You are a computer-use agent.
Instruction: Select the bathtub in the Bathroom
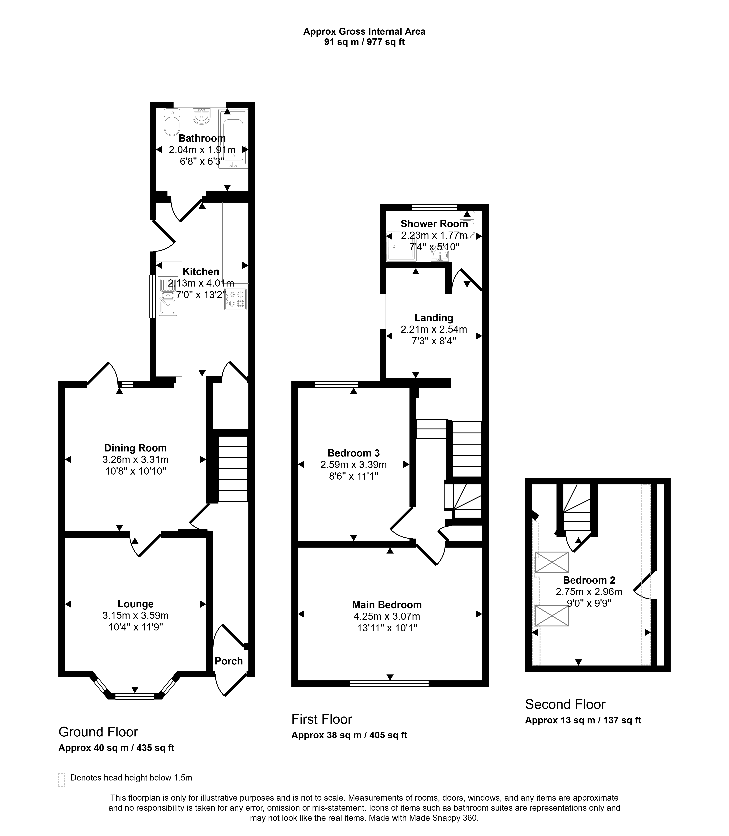pyautogui.click(x=233, y=139)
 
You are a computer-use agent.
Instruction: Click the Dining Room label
pyautogui.click(x=135, y=448)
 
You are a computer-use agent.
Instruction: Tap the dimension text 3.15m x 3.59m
pyautogui.click(x=135, y=615)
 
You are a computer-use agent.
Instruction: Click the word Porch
pyautogui.click(x=229, y=661)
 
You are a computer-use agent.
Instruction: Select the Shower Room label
pyautogui.click(x=434, y=224)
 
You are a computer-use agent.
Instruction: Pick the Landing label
pyautogui.click(x=434, y=318)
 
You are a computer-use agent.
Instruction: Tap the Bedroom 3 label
pyautogui.click(x=353, y=453)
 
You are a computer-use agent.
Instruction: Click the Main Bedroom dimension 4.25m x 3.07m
pyautogui.click(x=387, y=616)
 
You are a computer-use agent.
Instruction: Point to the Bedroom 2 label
pyautogui.click(x=589, y=580)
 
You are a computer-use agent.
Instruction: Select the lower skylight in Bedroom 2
pyautogui.click(x=552, y=616)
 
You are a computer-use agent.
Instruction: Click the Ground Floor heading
pyautogui.click(x=98, y=732)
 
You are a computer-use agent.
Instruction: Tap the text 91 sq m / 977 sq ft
pyautogui.click(x=364, y=42)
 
